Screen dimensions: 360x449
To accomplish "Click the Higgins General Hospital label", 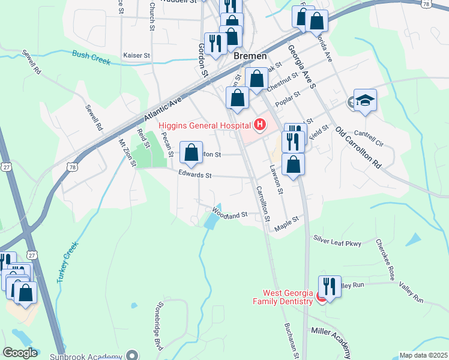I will tap(204, 126).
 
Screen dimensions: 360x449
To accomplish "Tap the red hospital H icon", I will tap(259, 125).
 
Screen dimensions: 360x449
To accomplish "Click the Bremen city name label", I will tap(250, 55).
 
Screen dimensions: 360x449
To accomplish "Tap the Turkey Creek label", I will tap(68, 262).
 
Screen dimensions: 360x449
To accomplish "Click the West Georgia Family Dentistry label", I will tap(288, 297).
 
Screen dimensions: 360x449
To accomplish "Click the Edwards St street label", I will tap(195, 175).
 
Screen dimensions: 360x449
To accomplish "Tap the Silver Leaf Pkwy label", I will tap(337, 241).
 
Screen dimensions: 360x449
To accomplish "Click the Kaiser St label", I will tap(136, 55).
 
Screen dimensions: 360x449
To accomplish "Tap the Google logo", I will tap(20, 353).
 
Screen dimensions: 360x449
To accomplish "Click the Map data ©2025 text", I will tap(423, 355).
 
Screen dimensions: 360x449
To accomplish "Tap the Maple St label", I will tap(286, 224).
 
